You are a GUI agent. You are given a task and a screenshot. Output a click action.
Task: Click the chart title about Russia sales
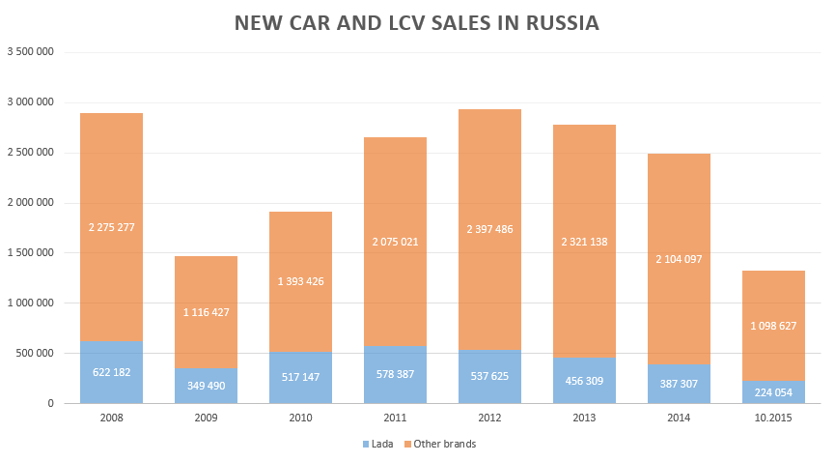pos(416,23)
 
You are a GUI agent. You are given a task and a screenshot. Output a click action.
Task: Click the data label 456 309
pos(584,380)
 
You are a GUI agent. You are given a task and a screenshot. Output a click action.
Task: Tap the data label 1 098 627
pos(773,326)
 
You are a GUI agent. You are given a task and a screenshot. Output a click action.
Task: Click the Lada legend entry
pos(378,444)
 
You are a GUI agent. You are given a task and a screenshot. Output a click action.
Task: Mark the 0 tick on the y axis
pos(49,403)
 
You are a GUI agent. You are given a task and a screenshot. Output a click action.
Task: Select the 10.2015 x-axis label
pos(773,418)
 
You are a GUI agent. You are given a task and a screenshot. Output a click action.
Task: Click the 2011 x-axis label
pos(395,418)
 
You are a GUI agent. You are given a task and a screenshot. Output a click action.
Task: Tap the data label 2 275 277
pos(111,228)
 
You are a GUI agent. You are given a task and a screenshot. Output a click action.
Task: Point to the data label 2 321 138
pos(584,242)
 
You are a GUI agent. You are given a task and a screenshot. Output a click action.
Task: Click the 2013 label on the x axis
pos(584,418)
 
